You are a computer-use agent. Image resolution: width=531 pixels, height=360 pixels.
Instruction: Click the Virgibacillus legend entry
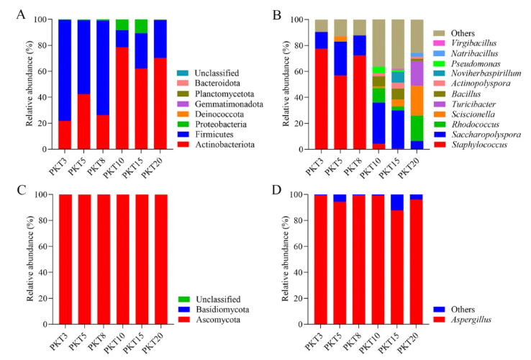pos(475,42)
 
